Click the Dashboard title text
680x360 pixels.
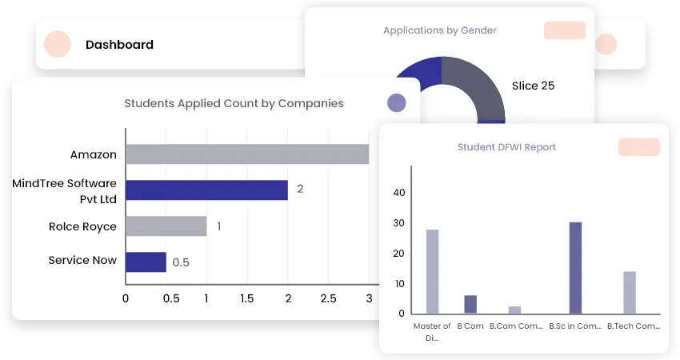pyautogui.click(x=119, y=45)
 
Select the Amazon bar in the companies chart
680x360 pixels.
pyautogui.click(x=246, y=154)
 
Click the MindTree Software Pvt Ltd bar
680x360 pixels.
pyautogui.click(x=206, y=190)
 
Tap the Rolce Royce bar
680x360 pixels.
pyautogui.click(x=166, y=226)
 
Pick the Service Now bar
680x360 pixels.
pyautogui.click(x=146, y=262)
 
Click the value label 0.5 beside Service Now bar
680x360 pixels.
pyautogui.click(x=181, y=262)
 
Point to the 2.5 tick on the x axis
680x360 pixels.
pyautogui.click(x=328, y=298)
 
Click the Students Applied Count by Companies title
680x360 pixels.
pyautogui.click(x=234, y=103)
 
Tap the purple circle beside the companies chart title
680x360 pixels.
pyautogui.click(x=396, y=102)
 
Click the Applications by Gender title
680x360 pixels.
pyautogui.click(x=439, y=30)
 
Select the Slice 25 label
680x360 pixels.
pyautogui.click(x=533, y=86)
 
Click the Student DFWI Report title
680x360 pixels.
pyautogui.click(x=506, y=147)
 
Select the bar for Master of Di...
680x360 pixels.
pyautogui.click(x=432, y=271)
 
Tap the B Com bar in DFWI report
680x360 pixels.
pyautogui.click(x=470, y=304)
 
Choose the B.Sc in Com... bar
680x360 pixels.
pyautogui.click(x=575, y=267)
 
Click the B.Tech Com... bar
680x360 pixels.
pyautogui.click(x=630, y=292)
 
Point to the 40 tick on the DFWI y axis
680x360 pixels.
pyautogui.click(x=399, y=193)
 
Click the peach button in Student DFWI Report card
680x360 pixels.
pyautogui.click(x=638, y=147)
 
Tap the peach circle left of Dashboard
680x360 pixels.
pyautogui.click(x=58, y=45)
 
